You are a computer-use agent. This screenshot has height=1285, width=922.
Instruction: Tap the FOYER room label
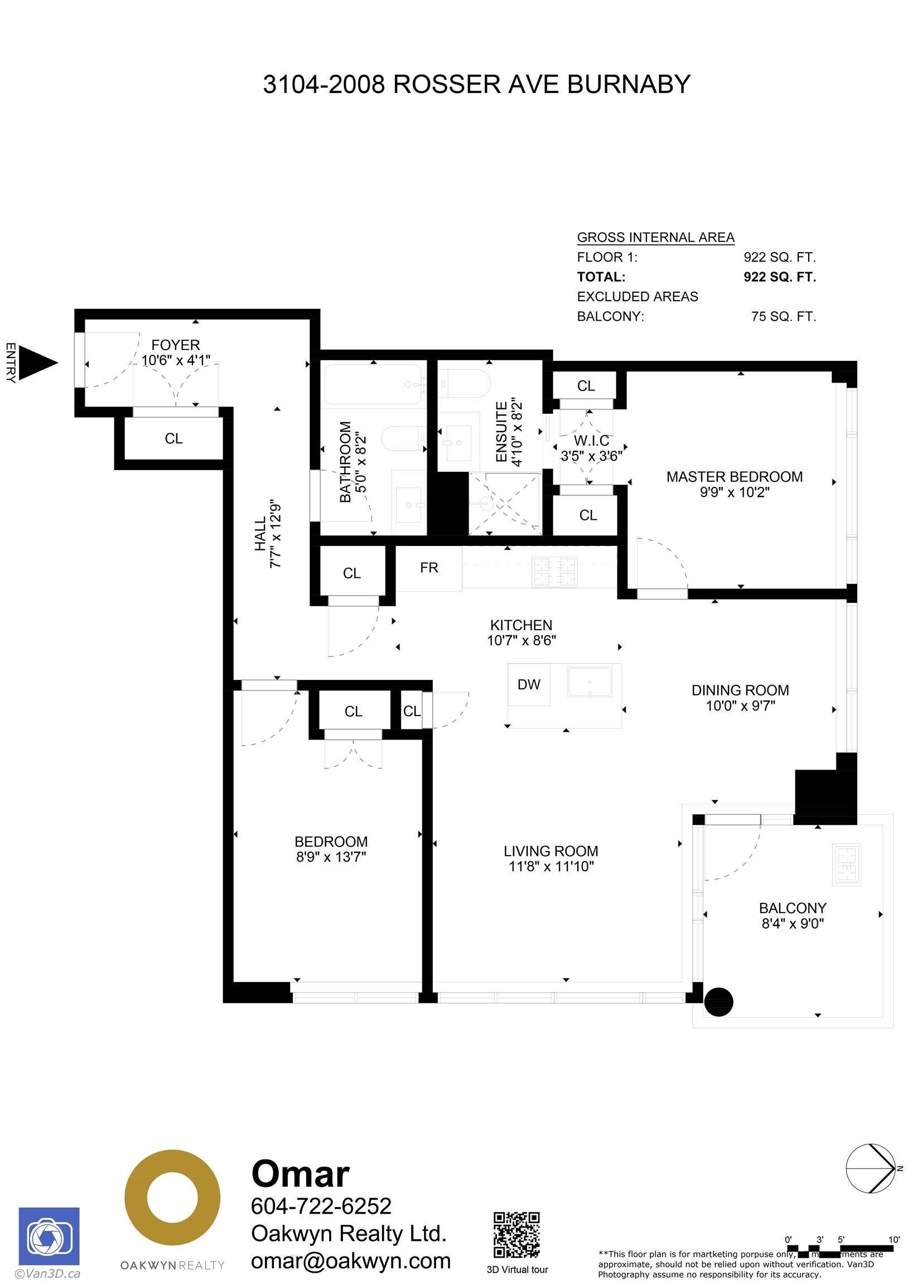click(175, 345)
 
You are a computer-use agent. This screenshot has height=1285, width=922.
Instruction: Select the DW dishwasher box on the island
click(528, 684)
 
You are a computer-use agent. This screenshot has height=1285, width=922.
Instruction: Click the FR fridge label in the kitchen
click(429, 568)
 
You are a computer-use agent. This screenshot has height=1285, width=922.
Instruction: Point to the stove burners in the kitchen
click(554, 572)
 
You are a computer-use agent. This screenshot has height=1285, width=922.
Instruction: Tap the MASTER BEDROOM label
click(734, 477)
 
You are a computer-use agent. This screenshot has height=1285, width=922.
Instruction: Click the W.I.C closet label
click(591, 441)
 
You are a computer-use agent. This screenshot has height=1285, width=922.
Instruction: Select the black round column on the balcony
click(718, 1002)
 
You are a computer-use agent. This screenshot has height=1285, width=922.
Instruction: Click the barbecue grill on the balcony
click(847, 864)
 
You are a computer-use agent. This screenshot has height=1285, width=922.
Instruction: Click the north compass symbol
click(870, 1169)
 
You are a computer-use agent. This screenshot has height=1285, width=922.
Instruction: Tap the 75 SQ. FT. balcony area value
click(783, 317)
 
